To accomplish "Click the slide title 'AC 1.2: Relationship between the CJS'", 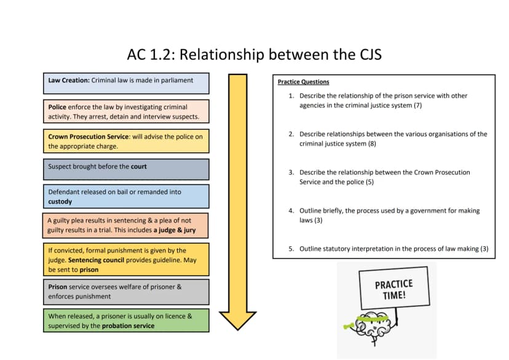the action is pos(254,55).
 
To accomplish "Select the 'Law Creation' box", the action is pos(126,84).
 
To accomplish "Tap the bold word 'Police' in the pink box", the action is pos(57,107).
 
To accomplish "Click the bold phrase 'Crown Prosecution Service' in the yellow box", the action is pos(89,136).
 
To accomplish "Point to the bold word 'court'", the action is pos(138,166).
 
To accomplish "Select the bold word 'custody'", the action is pos(60,202).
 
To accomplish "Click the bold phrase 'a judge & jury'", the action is pos(175,230).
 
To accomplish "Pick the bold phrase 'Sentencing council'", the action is pos(96,260).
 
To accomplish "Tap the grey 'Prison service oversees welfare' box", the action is pos(126,292).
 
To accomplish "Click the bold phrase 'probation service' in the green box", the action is pos(128,326).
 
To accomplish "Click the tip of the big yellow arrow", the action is pos(238,330).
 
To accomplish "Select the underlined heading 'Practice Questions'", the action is pos(304,82).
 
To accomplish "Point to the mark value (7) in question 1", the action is pos(418,105).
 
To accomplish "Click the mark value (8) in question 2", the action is pos(372,143).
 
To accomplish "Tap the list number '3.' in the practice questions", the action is pos(291,172).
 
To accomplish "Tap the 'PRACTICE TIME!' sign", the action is pos(395,288).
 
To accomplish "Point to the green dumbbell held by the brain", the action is pos(350,325).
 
